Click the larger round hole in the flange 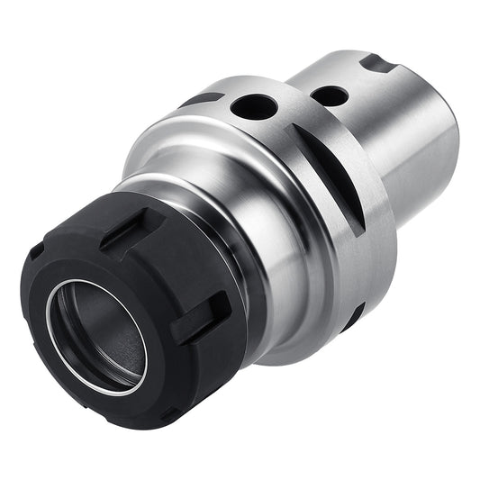255,107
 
